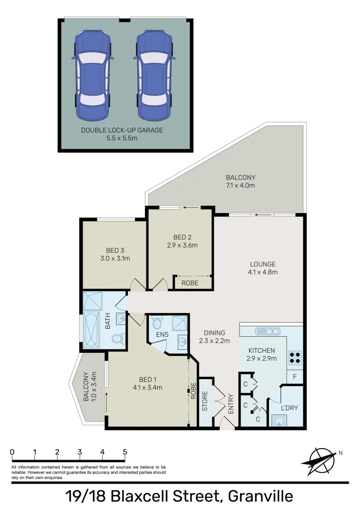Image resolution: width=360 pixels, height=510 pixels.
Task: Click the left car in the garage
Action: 92,75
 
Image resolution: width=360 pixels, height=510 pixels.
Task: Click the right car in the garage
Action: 154,75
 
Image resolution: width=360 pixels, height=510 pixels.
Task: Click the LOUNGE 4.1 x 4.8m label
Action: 263,268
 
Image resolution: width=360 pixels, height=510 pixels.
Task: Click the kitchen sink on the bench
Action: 268,331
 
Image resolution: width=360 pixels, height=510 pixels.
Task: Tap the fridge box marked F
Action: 295,377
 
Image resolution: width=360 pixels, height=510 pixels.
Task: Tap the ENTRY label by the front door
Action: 231,405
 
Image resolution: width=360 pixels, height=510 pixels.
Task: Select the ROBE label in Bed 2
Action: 190,283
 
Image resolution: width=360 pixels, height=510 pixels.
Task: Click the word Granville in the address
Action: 260,496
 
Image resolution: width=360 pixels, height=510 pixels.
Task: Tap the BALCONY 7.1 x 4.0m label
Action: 240,181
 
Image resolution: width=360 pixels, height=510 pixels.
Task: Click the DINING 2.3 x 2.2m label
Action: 214,337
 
